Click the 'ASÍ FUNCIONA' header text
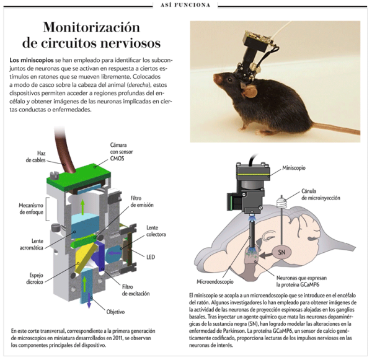[185, 5]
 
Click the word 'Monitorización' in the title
[92, 27]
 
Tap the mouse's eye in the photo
[229, 80]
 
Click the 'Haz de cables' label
[35, 157]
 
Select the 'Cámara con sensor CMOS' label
[122, 152]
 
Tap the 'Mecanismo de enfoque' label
[31, 209]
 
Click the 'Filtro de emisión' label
[142, 201]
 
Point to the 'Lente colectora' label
[156, 231]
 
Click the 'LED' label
[151, 257]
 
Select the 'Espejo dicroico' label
[35, 279]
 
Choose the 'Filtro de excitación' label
[136, 290]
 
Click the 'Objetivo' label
[115, 312]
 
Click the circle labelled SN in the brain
[281, 252]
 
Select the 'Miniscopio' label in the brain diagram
[294, 168]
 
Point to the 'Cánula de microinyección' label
[321, 195]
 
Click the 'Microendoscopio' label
[215, 282]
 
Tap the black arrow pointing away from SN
[266, 255]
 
